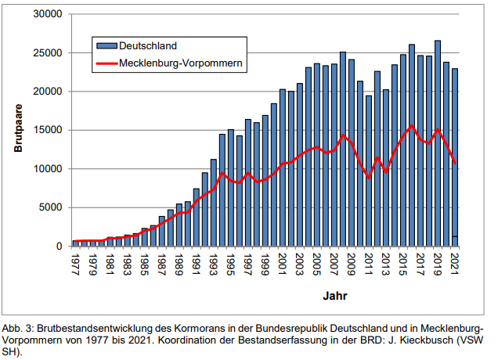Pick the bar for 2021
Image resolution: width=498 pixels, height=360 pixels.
[454, 157]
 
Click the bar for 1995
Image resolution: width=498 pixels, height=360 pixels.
[230, 188]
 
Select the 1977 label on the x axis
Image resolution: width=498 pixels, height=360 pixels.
[76, 261]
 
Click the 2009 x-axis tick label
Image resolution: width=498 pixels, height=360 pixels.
[351, 261]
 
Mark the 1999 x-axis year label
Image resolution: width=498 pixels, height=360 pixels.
[265, 261]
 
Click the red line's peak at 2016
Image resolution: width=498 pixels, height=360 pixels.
[411, 126]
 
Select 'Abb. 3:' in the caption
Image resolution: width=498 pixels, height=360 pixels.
[22, 328]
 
